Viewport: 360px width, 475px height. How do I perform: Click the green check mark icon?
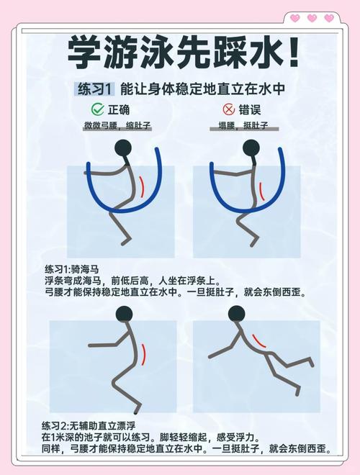97,110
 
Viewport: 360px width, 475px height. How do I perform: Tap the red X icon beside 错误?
229,110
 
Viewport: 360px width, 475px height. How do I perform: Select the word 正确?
120,110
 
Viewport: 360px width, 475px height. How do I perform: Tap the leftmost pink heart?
294,18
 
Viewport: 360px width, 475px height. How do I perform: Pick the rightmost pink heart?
329,18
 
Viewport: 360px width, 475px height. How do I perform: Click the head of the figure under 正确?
125,149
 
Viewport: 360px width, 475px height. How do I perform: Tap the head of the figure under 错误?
251,149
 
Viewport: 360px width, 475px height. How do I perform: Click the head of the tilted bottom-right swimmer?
235,315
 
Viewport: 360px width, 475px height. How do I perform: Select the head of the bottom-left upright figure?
125,314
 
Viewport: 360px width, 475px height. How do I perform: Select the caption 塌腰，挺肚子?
243,126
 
